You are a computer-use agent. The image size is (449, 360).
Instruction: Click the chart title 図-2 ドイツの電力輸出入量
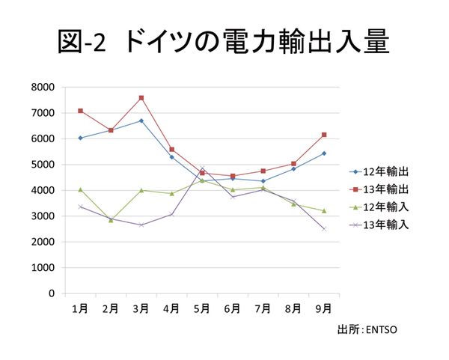223,41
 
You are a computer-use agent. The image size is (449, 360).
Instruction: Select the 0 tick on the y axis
52,293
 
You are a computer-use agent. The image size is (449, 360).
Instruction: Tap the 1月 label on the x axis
79,308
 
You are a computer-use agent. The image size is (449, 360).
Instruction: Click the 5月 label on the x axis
202,308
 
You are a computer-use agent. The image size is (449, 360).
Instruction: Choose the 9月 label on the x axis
324,308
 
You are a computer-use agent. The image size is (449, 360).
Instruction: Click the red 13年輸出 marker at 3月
141,97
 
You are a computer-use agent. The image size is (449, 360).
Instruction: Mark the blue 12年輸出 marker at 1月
80,138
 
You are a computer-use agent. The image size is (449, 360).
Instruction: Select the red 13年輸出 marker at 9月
324,135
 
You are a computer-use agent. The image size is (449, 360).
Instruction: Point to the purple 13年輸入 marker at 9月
324,229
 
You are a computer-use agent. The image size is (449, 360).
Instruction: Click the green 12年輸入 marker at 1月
80,189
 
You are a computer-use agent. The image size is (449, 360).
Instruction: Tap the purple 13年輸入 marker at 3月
141,225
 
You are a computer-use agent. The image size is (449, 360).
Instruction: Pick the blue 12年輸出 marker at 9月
324,153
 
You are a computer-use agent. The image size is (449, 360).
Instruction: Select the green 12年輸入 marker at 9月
324,211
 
